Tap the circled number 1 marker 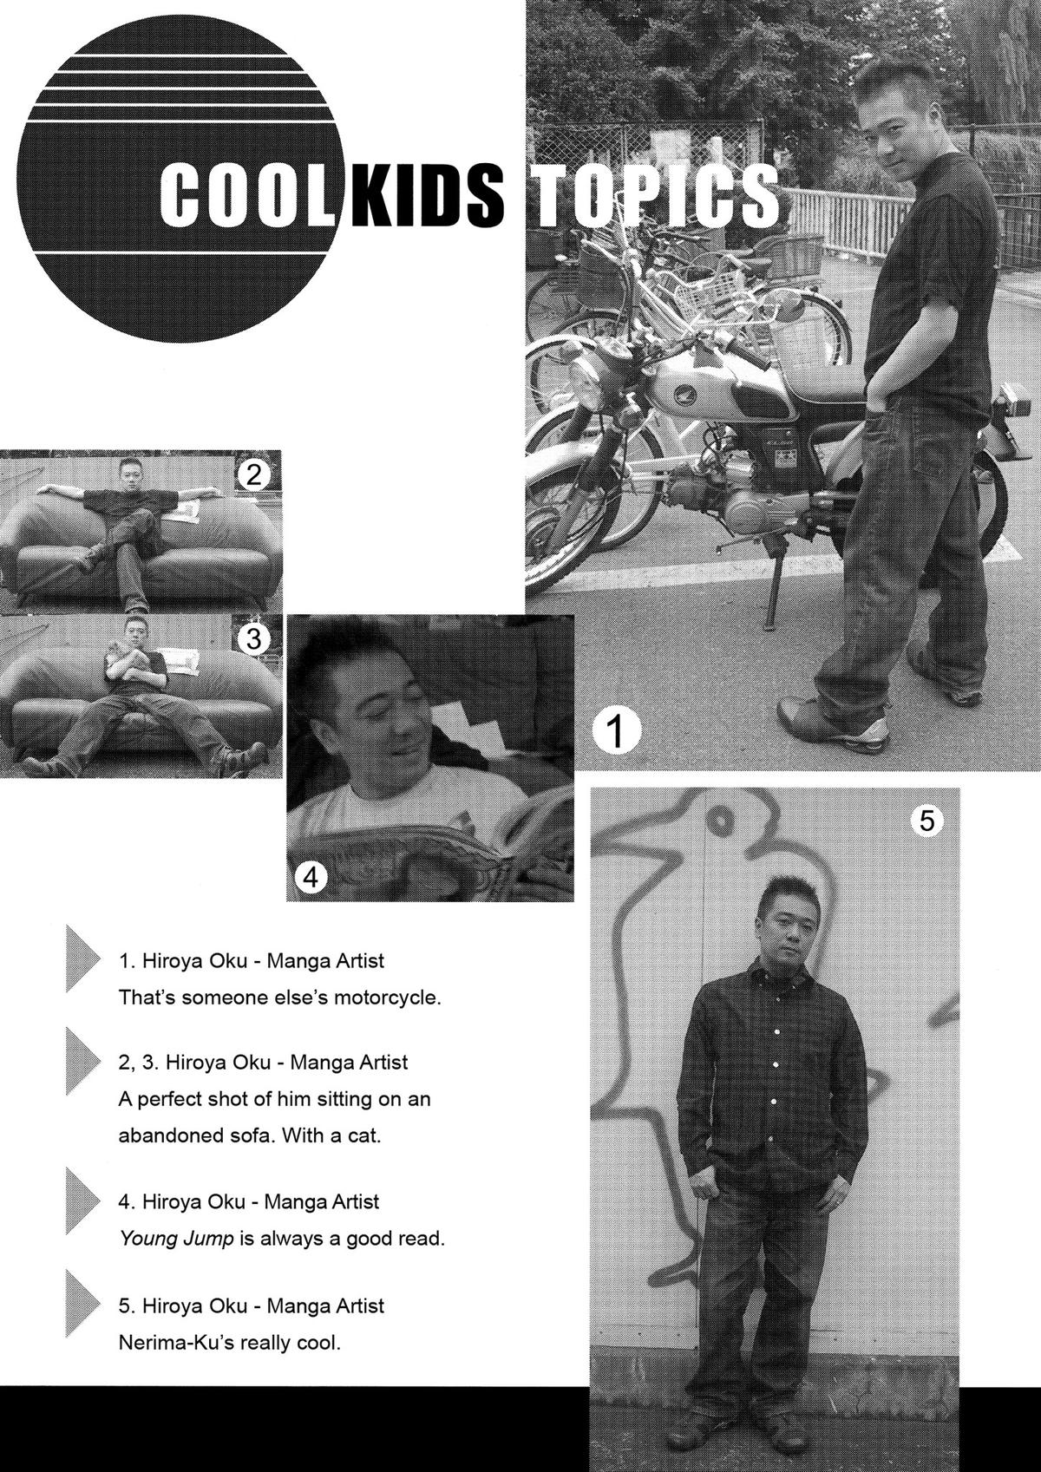(616, 731)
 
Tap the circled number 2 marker (253, 475)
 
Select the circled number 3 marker (253, 639)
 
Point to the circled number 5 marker (926, 820)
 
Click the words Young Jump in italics (176, 1239)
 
